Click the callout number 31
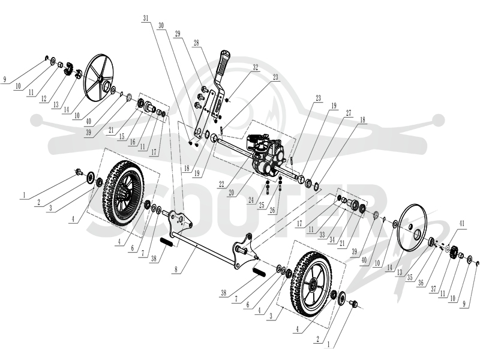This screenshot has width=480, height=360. pyautogui.click(x=146, y=19)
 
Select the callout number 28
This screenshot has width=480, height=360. pyautogui.click(x=196, y=43)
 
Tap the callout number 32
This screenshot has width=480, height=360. pyautogui.click(x=256, y=67)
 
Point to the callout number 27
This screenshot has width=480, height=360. pyautogui.click(x=349, y=113)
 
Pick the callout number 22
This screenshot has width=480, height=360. pyautogui.click(x=221, y=184)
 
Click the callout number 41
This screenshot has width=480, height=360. pyautogui.click(x=461, y=224)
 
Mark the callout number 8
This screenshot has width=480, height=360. pyautogui.click(x=176, y=269)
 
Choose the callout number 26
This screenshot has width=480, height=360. pyautogui.click(x=272, y=211)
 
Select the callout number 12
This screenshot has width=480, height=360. pyautogui.click(x=44, y=98)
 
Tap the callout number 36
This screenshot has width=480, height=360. pyautogui.click(x=421, y=283)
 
